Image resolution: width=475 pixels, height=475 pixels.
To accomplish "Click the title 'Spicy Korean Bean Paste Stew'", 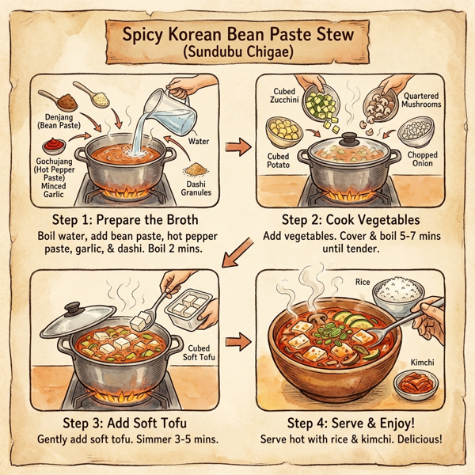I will (237, 35).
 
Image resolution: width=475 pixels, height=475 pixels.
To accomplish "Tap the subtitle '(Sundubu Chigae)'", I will (237, 55).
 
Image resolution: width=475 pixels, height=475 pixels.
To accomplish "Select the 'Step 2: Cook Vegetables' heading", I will (350, 219).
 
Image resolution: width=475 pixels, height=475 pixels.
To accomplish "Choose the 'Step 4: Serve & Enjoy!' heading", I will (351, 422).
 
